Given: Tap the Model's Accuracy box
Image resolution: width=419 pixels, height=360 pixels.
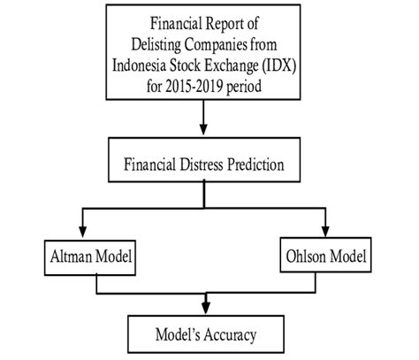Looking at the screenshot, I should click(x=207, y=334).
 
